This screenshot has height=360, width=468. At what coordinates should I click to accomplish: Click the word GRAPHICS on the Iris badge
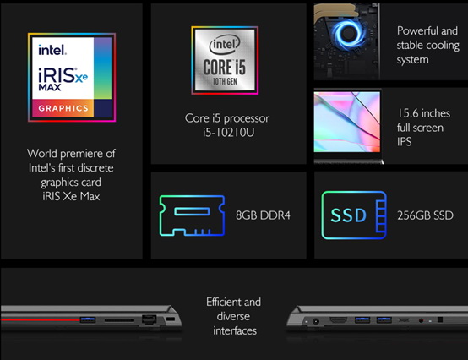coord(63,108)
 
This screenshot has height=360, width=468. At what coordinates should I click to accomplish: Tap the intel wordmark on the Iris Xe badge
coord(52,50)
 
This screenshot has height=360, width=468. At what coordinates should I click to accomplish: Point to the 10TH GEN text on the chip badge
coord(225,81)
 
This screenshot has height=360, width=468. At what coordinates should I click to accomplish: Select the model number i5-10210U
coord(229,132)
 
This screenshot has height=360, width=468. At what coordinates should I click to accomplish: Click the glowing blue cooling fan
coord(348,34)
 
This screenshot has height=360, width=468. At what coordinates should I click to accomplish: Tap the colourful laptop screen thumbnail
coord(347,122)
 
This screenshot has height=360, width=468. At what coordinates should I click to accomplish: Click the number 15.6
coord(408,113)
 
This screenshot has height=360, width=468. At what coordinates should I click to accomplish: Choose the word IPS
coord(404,142)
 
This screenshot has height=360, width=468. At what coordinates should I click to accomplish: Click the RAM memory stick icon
coord(192,215)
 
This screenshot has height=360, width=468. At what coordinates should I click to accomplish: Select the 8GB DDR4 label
coord(263,215)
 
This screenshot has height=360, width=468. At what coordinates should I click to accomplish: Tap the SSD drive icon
coord(354,215)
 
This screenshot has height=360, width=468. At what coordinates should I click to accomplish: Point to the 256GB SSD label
coord(425,215)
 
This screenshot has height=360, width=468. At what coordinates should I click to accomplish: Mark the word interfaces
coord(235,330)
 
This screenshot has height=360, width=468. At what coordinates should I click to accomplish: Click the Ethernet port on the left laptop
coord(149,319)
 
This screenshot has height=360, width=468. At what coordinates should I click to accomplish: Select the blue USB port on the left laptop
coord(88,319)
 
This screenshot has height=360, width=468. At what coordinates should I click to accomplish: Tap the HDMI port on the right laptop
coord(338,320)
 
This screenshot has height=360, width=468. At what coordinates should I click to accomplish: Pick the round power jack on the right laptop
coord(315,321)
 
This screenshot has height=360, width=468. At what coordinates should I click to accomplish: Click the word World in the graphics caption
coord(41,154)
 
